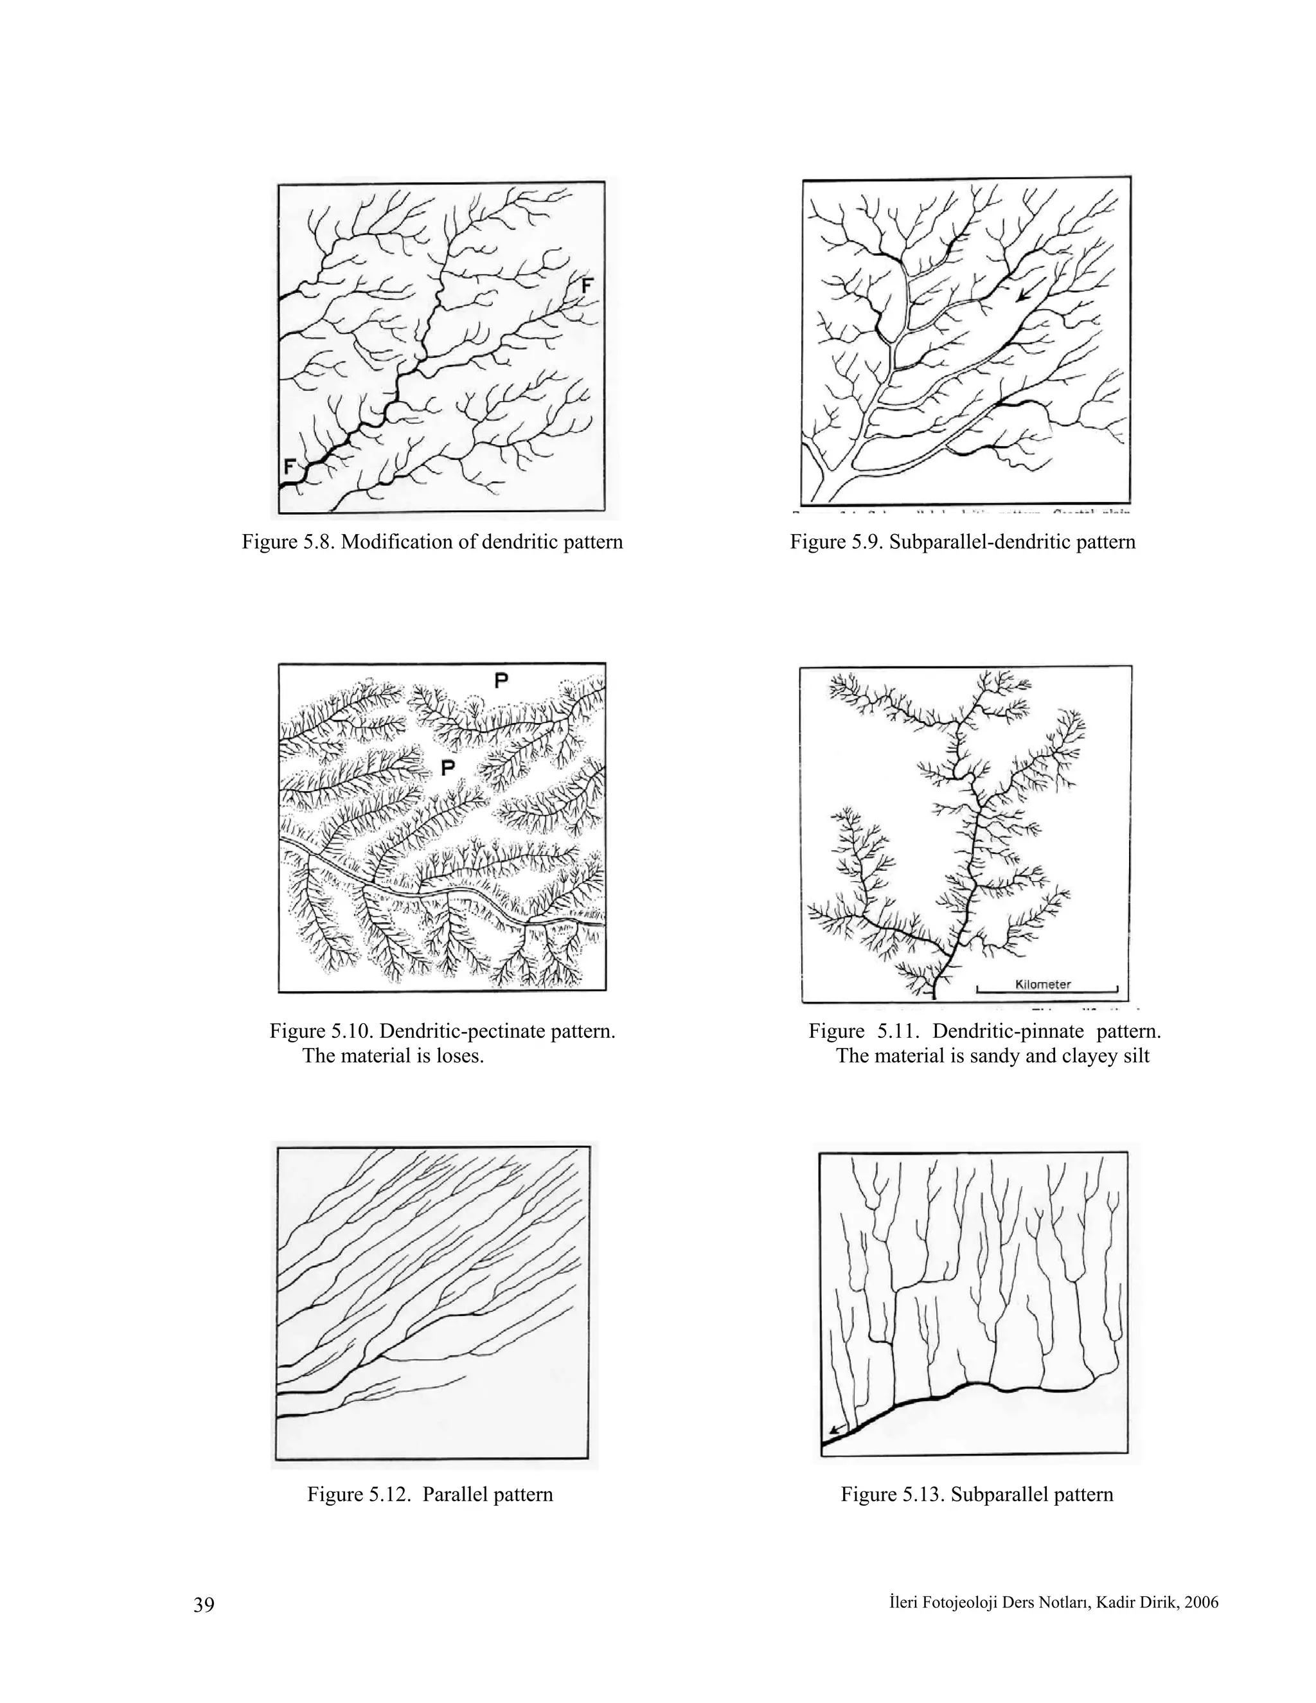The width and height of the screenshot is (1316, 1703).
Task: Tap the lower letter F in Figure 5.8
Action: [290, 467]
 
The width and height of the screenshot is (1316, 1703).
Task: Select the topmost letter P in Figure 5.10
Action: [501, 681]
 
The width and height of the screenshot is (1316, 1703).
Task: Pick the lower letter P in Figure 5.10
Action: [447, 768]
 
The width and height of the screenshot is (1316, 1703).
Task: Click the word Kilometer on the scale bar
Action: [1043, 984]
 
